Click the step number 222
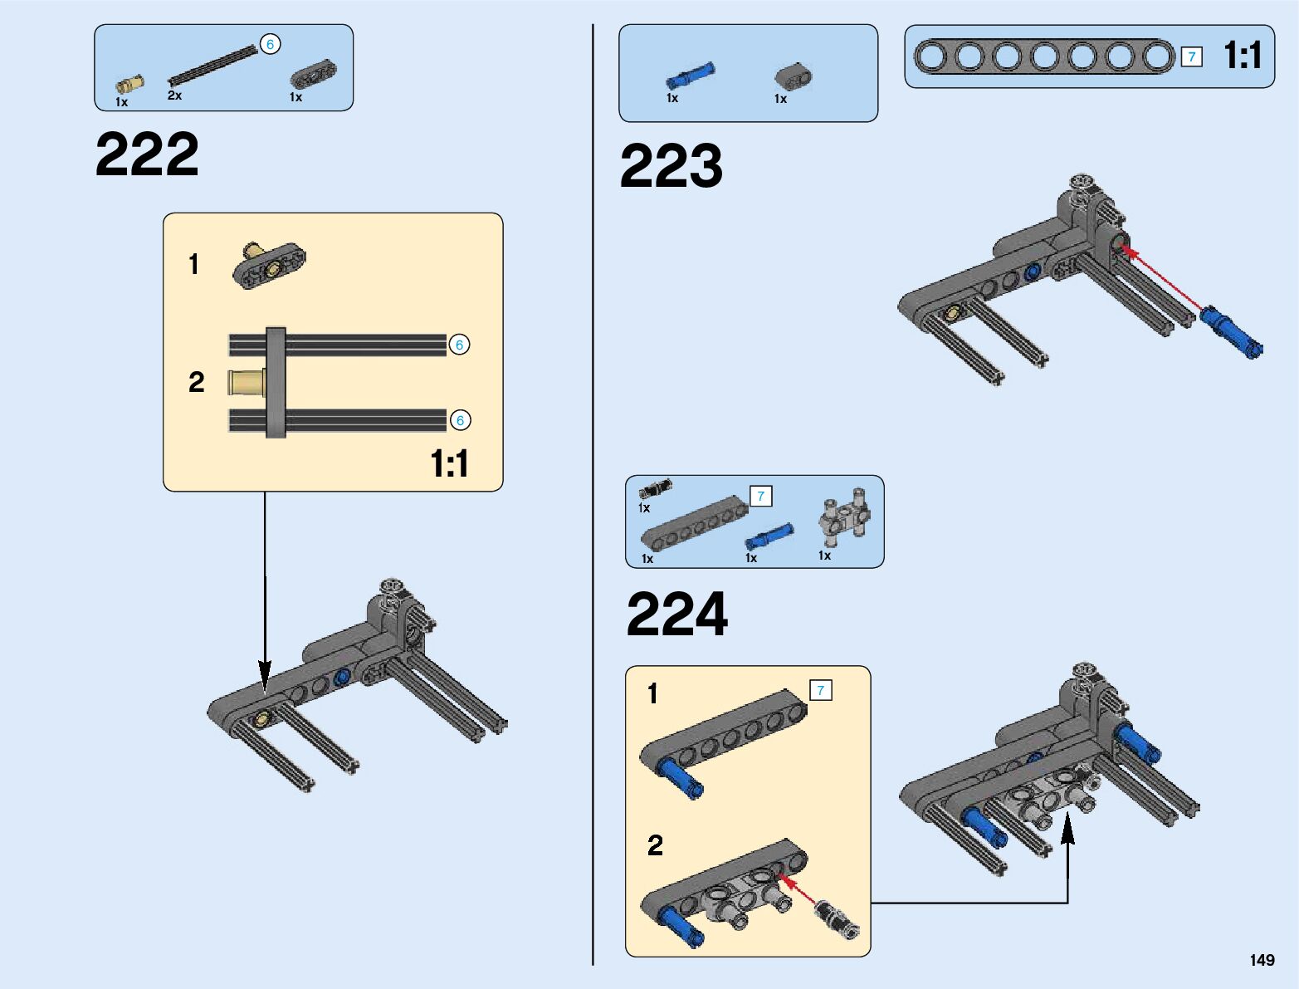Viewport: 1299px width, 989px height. (x=147, y=154)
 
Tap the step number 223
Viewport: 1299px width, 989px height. (x=671, y=166)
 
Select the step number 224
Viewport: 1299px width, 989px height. (x=676, y=614)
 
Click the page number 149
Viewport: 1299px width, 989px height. (x=1262, y=960)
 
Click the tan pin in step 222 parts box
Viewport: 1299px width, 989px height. (x=129, y=83)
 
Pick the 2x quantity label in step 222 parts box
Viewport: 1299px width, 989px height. (x=174, y=95)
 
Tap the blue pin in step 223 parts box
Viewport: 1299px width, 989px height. (x=690, y=76)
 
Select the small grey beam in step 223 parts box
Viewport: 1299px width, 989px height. (x=794, y=76)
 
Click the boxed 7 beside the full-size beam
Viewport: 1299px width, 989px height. (x=1191, y=56)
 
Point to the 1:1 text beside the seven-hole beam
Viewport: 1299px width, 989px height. (x=1242, y=56)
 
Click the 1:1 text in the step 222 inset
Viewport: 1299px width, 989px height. (x=449, y=463)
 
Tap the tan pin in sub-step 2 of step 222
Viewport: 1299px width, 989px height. (x=247, y=383)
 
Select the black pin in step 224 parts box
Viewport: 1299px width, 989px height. (x=655, y=488)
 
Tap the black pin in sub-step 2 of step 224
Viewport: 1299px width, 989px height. (x=837, y=919)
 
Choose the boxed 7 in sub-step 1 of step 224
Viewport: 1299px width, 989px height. (x=820, y=690)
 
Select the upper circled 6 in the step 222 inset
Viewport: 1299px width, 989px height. (x=459, y=345)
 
